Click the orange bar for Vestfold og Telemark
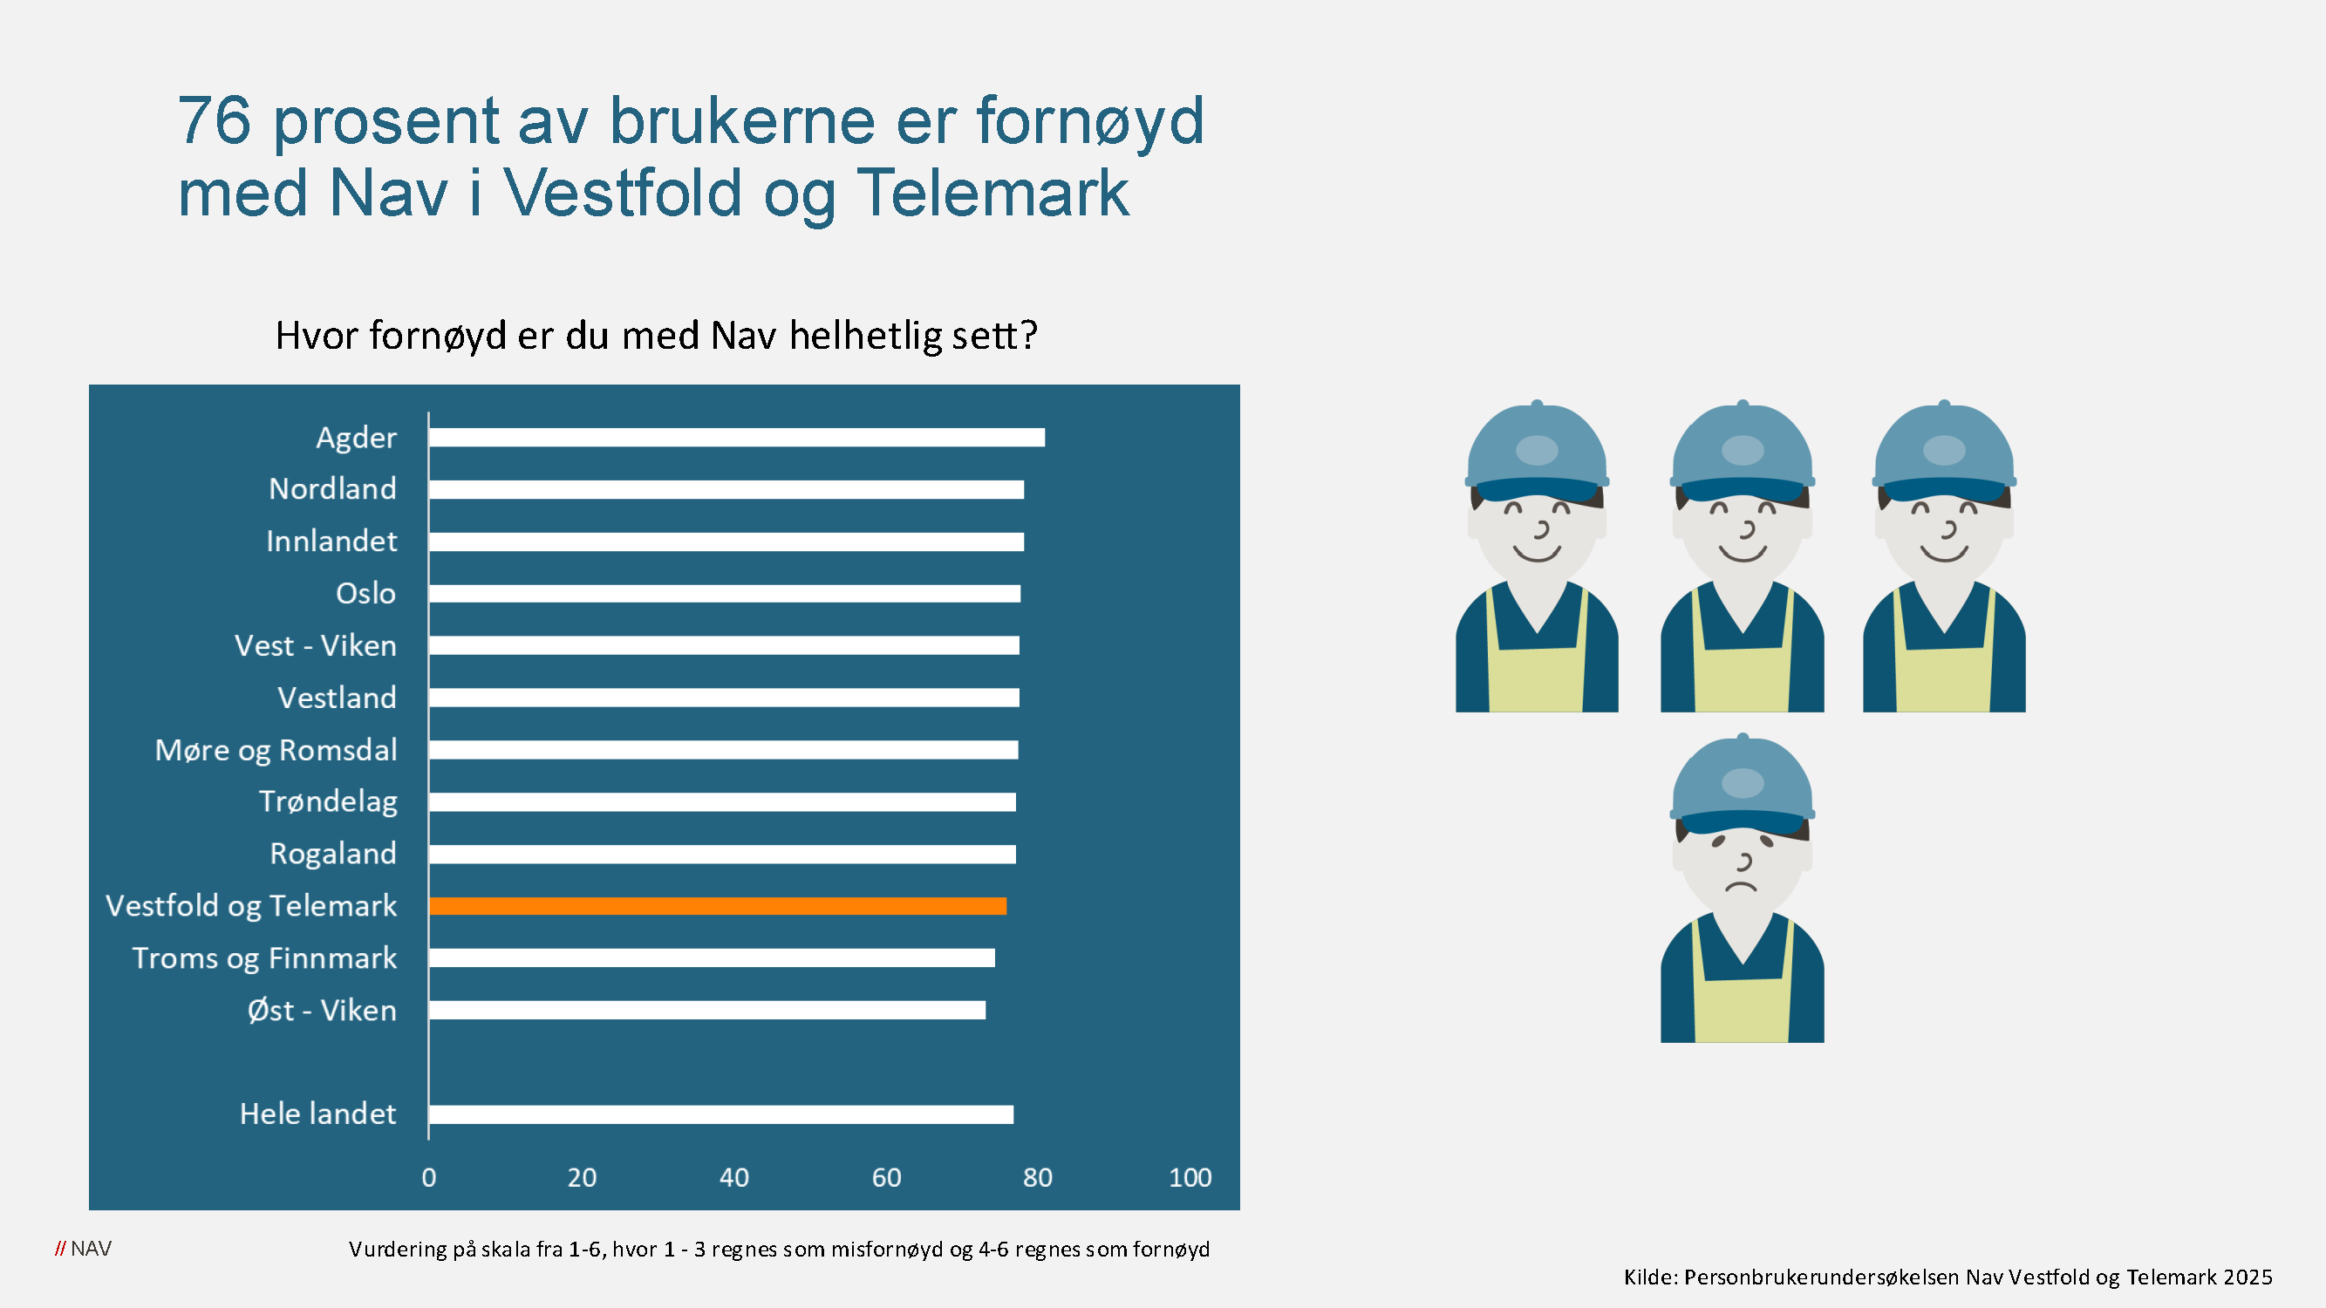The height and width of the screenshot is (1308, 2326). coord(718,905)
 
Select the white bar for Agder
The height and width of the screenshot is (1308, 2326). coord(737,438)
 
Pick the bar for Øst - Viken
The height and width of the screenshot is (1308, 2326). coord(707,1010)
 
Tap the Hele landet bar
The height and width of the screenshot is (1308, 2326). coord(720,1114)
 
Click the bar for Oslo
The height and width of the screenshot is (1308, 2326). coord(724,594)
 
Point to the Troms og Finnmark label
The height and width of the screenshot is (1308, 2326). coord(264,957)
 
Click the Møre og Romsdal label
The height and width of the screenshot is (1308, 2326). coord(276,750)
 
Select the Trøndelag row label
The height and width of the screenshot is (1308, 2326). coord(328,801)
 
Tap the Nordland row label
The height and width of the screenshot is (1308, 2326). coord(332,489)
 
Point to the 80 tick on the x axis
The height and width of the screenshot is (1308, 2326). coord(1038,1177)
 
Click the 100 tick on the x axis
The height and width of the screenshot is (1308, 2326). coord(1190,1177)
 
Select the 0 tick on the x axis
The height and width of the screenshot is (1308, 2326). coord(429,1177)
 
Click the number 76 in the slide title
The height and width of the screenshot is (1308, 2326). coord(214,120)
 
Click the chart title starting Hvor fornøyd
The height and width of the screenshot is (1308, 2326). coord(657,336)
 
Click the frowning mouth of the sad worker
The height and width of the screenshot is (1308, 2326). coord(1742,887)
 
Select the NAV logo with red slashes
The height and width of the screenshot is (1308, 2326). coord(83,1249)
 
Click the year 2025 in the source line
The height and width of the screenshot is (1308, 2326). coord(2248,1277)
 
